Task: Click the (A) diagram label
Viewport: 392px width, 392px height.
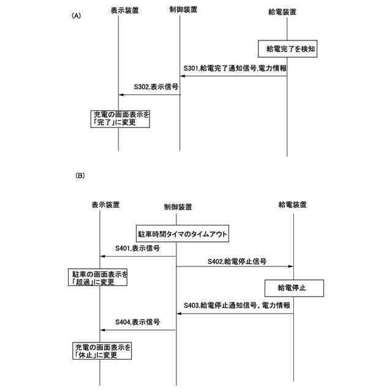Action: point(77,17)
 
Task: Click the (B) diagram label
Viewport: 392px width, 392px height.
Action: point(80,176)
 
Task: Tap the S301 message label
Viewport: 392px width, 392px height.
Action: point(235,68)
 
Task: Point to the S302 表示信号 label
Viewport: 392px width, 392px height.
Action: point(151,87)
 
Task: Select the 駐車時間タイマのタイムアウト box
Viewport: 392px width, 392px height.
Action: point(183,233)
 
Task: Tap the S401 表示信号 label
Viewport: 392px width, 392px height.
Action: point(138,249)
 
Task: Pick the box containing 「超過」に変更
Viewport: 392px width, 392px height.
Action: point(98,277)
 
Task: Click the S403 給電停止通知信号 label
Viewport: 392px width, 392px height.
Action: point(236,305)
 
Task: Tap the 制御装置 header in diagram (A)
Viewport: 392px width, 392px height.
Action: point(181,10)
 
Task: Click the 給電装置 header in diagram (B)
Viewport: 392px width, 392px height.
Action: point(292,204)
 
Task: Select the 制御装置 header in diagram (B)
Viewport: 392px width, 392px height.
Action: point(178,206)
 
